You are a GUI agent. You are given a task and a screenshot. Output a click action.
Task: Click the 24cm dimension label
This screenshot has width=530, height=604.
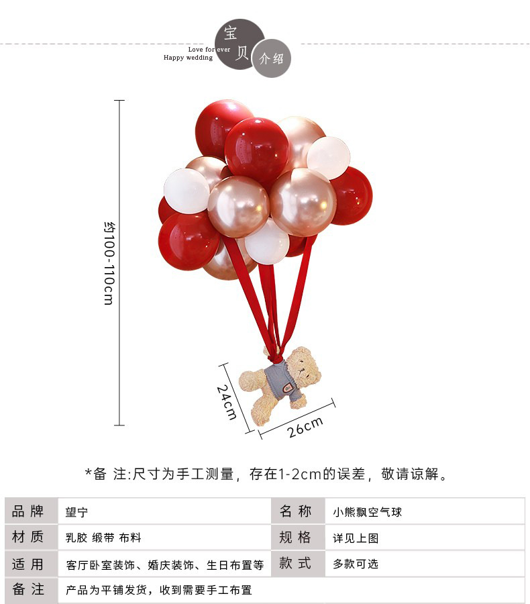click(x=227, y=401)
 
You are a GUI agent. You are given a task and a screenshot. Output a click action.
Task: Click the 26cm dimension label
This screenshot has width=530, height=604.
click(x=305, y=427)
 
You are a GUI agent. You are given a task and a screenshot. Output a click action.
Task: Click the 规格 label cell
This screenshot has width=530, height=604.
click(x=296, y=538)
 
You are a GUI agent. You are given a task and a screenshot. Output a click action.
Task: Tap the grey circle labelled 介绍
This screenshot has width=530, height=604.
click(x=272, y=58)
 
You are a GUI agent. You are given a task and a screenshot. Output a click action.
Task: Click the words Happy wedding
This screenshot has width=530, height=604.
click(x=188, y=58)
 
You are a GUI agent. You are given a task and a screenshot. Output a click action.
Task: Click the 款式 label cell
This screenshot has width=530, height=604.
click(x=296, y=564)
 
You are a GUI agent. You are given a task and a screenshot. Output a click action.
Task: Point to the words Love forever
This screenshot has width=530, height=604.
click(x=209, y=49)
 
